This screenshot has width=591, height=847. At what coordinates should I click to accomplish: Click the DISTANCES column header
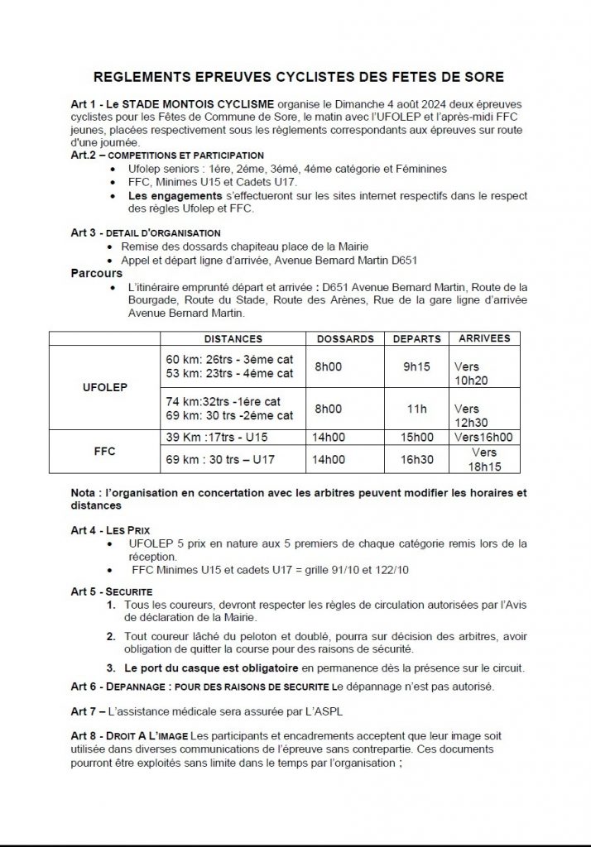(233, 339)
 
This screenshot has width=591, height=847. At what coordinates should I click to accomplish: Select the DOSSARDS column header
(345, 339)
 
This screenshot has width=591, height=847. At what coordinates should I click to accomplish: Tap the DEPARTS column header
(416, 339)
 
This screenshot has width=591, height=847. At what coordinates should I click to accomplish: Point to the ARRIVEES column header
(484, 338)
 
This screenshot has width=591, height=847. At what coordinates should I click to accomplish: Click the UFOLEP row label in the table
(103, 386)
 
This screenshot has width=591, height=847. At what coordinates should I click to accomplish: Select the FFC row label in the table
(103, 452)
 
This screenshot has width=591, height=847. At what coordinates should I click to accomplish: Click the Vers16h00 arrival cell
(483, 437)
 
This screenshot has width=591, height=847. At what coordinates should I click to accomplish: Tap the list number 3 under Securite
(110, 668)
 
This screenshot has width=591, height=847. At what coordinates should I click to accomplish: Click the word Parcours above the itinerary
(97, 273)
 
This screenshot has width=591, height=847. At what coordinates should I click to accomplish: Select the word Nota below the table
(85, 493)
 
